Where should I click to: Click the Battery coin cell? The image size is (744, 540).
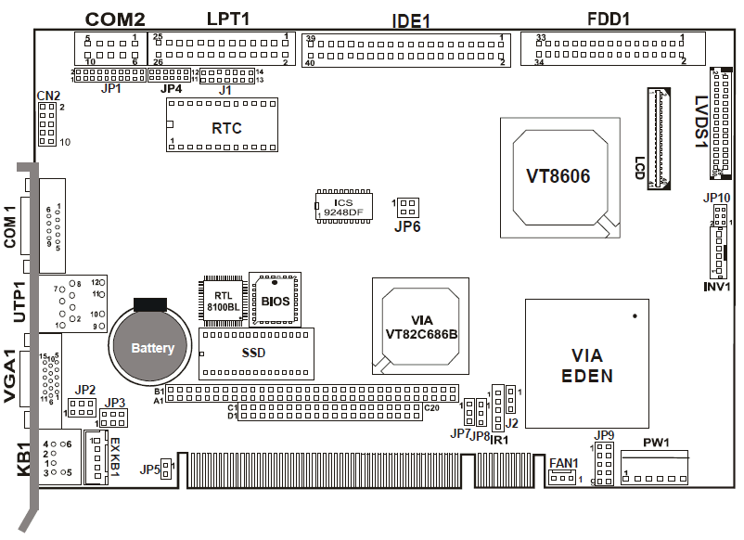[152, 348]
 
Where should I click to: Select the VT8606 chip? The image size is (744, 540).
[558, 175]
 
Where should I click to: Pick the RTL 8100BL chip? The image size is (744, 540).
[222, 299]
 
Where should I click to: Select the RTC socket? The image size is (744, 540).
[223, 125]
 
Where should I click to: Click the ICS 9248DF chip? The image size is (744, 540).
[343, 206]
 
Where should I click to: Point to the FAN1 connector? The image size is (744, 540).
[559, 478]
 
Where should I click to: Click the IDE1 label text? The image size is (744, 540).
[411, 20]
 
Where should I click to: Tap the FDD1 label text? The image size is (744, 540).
[609, 19]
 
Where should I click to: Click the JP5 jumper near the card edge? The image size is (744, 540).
[165, 469]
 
